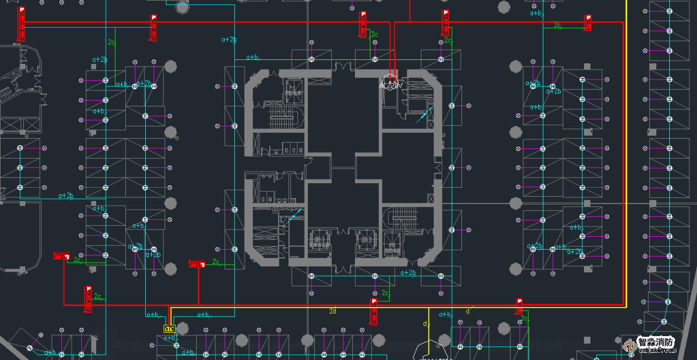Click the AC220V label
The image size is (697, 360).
[x=390, y=85]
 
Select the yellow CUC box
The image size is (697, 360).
[x=169, y=329]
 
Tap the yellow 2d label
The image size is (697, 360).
[x=332, y=311]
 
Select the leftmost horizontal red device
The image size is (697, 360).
[x=61, y=256]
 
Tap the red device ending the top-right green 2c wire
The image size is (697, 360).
[x=588, y=22]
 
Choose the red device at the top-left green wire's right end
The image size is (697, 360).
[x=153, y=27]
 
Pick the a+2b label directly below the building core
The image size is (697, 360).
[x=408, y=272]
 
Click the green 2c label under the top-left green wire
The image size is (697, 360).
[x=112, y=43]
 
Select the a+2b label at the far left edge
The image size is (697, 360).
[x=66, y=195]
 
